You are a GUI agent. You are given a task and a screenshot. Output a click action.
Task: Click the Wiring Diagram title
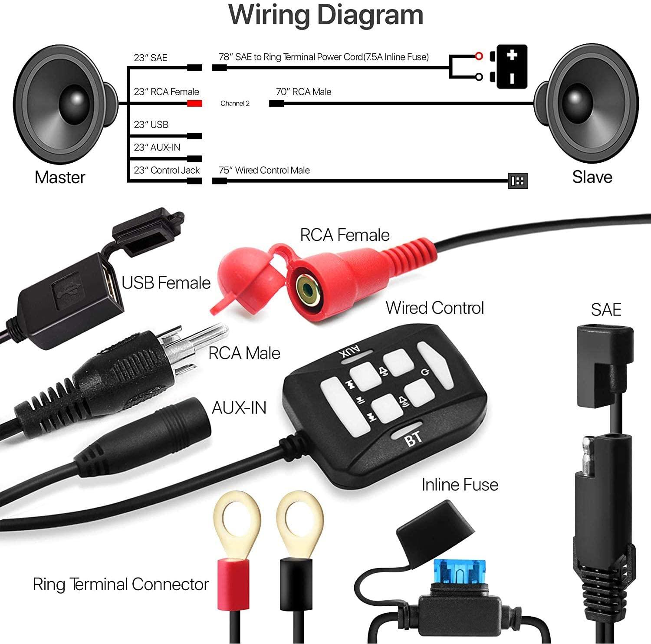[x=325, y=15]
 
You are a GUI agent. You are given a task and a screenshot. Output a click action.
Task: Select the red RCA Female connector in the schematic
[x=195, y=104]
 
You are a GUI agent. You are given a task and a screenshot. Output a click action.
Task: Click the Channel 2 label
[x=235, y=104]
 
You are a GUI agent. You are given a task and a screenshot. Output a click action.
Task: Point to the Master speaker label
[x=60, y=177]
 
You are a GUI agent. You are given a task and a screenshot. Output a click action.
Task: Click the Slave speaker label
[x=592, y=177]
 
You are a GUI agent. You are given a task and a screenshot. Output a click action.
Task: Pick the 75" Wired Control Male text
[x=264, y=170]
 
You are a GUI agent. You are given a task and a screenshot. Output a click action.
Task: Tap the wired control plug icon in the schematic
[x=518, y=181]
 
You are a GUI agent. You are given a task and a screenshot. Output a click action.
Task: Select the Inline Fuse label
[x=460, y=484]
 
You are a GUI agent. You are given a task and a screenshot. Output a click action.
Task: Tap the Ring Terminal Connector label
[x=121, y=584]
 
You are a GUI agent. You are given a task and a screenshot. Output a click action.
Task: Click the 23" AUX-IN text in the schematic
[x=157, y=147]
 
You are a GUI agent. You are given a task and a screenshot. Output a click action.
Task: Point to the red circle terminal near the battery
[x=479, y=56]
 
